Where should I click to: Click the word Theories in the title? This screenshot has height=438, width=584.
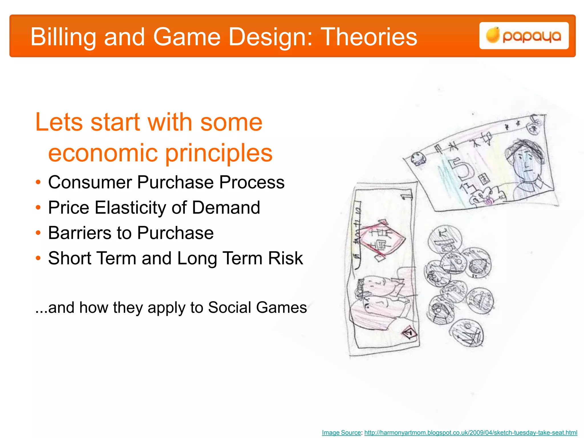tap(369, 37)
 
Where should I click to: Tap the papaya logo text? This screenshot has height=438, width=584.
tap(532, 36)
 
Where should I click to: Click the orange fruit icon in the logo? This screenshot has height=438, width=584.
tap(492, 35)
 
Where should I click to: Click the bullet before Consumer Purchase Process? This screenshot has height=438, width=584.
tap(38, 182)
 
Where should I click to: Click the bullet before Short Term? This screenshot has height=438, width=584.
tap(38, 258)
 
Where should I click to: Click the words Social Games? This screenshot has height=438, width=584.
tap(257, 308)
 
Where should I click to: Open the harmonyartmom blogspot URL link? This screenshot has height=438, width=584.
tap(471, 433)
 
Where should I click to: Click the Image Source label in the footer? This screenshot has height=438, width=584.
tap(341, 433)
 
